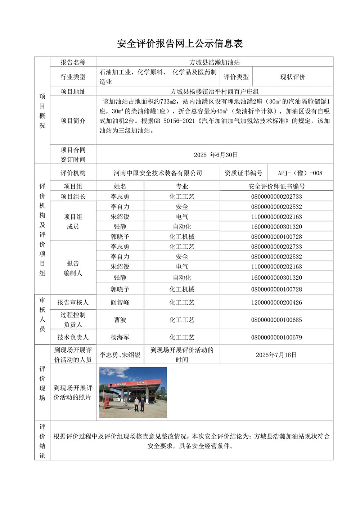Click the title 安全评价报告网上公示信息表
point(180,44)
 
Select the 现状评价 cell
point(293,77)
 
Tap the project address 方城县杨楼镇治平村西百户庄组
point(215,91)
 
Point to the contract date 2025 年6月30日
point(216,155)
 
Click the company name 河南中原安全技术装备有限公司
point(158,173)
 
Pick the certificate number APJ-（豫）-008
point(300,173)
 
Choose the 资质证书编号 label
point(243,173)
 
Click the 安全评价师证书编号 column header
point(276,186)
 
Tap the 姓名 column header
point(120,186)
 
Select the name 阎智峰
point(120,302)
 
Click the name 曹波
point(120,320)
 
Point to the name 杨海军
point(120,337)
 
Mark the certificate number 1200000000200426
point(276,302)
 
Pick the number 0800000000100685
point(276,320)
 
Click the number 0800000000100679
point(276,337)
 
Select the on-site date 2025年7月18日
point(276,355)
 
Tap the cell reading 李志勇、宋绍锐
point(120,355)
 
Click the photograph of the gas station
point(133,392)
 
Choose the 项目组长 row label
point(73,197)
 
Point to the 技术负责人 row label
point(73,337)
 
